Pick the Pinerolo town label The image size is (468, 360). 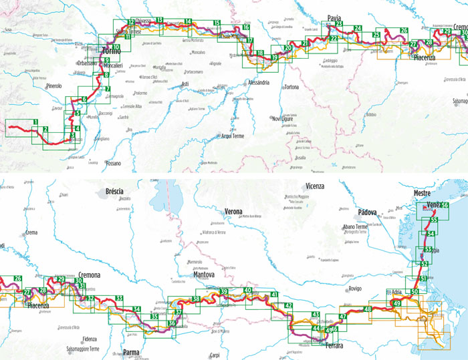point(53,86)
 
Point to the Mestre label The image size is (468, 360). point(423,193)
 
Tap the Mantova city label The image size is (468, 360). point(203,275)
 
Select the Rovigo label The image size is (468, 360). point(354,288)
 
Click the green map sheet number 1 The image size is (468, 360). point(34,122)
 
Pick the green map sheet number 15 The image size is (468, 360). point(217,23)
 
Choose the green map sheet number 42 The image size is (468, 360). point(289,306)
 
